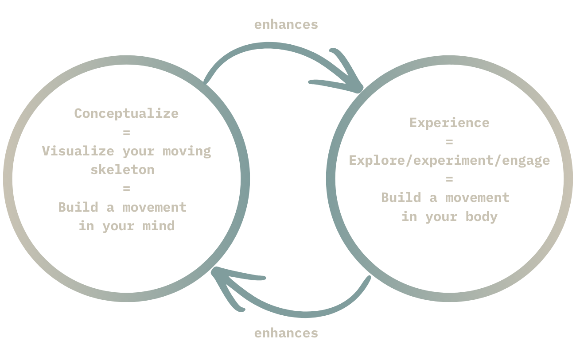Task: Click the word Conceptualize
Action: (x=127, y=113)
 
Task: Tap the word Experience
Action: (x=449, y=123)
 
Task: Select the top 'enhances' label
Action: (x=286, y=25)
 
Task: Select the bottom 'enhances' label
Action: (x=286, y=333)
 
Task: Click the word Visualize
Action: (x=78, y=151)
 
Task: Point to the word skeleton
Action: (x=123, y=170)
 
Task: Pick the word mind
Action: (x=159, y=226)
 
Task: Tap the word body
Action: (x=482, y=217)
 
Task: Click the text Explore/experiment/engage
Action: (x=449, y=161)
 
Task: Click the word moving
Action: (x=187, y=151)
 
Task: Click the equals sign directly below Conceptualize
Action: (x=127, y=132)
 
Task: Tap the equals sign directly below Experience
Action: (x=449, y=142)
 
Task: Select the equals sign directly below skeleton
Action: (x=127, y=189)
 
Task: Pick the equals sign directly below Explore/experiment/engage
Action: (x=449, y=179)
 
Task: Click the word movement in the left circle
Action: (x=155, y=207)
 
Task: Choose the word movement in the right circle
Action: (x=478, y=198)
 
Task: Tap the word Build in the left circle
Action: (x=78, y=207)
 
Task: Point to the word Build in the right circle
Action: (x=401, y=197)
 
